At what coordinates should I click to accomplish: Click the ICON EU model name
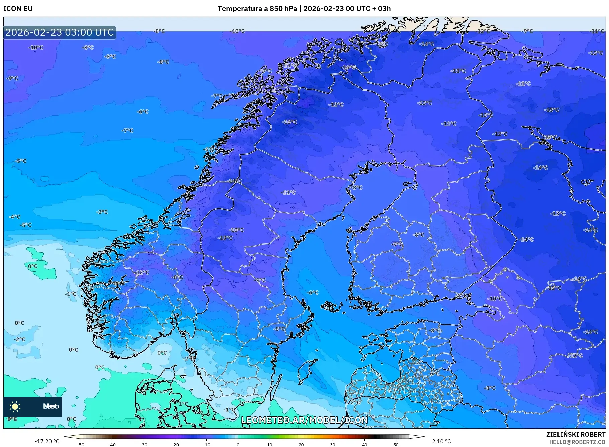[x=18, y=9]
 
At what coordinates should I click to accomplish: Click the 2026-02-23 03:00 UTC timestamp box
[x=60, y=32]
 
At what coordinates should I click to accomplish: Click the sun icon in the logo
[x=15, y=406]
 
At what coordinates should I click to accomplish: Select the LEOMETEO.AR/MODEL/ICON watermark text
[x=304, y=420]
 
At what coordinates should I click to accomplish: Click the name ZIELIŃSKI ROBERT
[x=576, y=434]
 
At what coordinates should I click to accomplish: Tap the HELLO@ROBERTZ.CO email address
[x=577, y=442]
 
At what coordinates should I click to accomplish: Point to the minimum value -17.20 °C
[x=47, y=441]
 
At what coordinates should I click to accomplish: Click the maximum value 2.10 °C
[x=441, y=441]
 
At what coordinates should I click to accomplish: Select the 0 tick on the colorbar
[x=238, y=444]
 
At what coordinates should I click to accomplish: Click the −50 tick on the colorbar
[x=80, y=444]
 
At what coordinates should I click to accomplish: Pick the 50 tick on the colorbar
[x=396, y=444]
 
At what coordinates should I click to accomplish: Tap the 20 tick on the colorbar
[x=301, y=444]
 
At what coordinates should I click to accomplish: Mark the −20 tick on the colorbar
[x=175, y=444]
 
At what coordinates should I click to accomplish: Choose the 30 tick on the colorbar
[x=333, y=444]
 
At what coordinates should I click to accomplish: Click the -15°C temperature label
[x=551, y=110]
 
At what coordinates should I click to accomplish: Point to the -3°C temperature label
[x=102, y=212]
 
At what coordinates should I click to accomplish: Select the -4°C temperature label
[x=14, y=217]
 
